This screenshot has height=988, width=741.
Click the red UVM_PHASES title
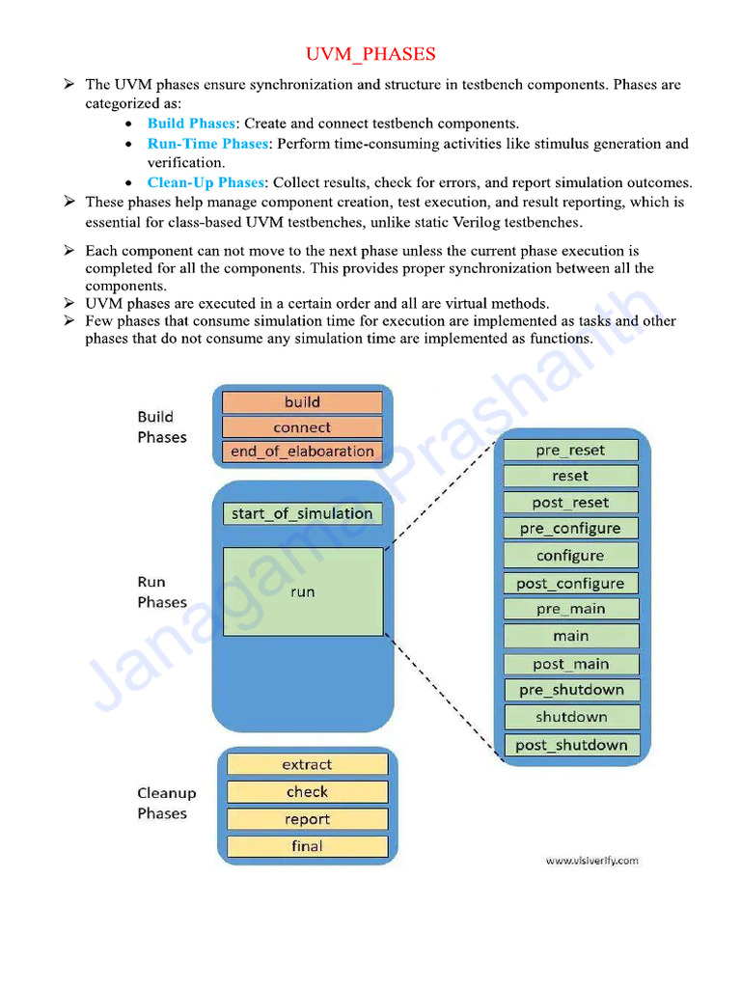[370, 54]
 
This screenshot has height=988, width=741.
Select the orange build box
[302, 402]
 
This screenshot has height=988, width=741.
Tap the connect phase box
[302, 427]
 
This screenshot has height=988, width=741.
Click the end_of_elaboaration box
[302, 452]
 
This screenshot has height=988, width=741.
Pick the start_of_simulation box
[302, 513]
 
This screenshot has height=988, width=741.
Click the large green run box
[302, 591]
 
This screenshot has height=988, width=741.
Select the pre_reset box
[570, 451]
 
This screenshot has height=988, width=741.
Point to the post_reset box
[570, 503]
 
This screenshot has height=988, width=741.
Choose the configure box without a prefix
[570, 556]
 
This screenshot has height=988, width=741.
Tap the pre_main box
[570, 609]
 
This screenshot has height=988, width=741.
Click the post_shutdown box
[570, 745]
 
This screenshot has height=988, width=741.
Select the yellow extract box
[307, 764]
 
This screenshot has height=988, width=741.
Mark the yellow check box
[307, 792]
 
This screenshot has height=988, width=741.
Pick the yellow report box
[307, 819]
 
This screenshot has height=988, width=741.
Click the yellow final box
[307, 846]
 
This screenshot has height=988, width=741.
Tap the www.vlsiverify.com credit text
[591, 861]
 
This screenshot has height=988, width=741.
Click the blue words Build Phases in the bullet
[191, 123]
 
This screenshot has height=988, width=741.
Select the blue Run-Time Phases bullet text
[207, 144]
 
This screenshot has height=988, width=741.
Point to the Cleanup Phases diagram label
[166, 803]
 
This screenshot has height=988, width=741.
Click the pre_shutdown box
[570, 690]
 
